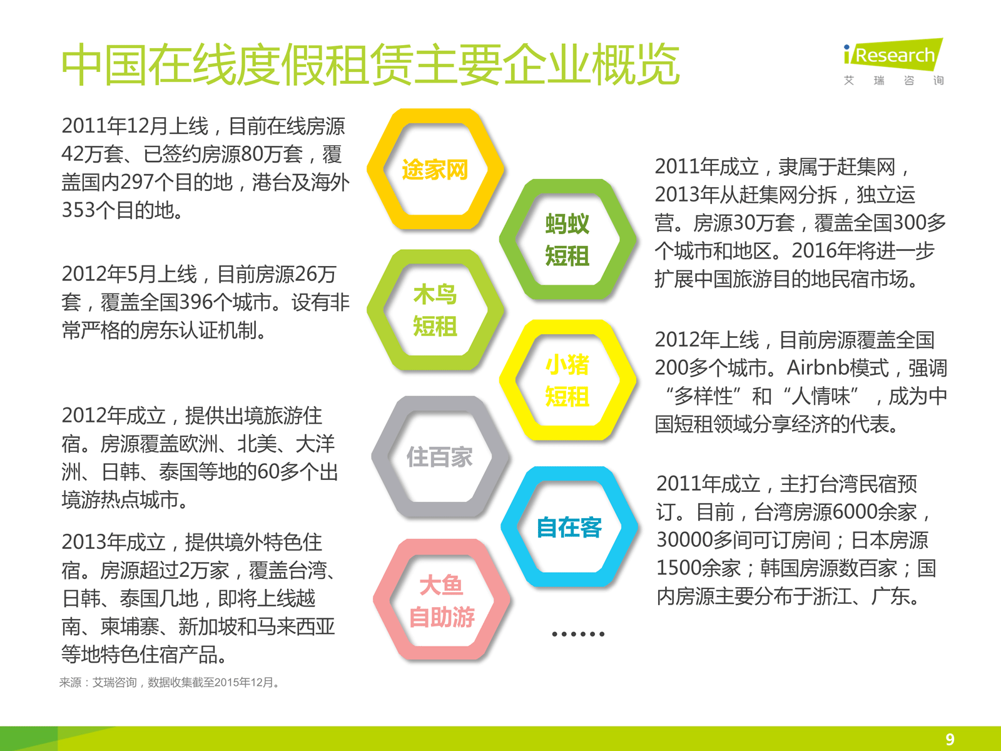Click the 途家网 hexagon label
click(435, 170)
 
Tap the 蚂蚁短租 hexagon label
click(567, 240)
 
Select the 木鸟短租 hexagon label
click(435, 310)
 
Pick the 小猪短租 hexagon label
click(567, 381)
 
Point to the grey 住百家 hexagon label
click(440, 457)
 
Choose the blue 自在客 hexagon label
click(569, 527)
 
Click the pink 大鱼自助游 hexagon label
click(442, 601)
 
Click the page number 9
click(950, 739)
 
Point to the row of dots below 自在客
click(578, 634)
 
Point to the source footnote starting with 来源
click(169, 683)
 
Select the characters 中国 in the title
click(104, 64)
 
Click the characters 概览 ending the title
click(636, 64)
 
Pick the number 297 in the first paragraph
click(137, 182)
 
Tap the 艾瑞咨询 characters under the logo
click(893, 81)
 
